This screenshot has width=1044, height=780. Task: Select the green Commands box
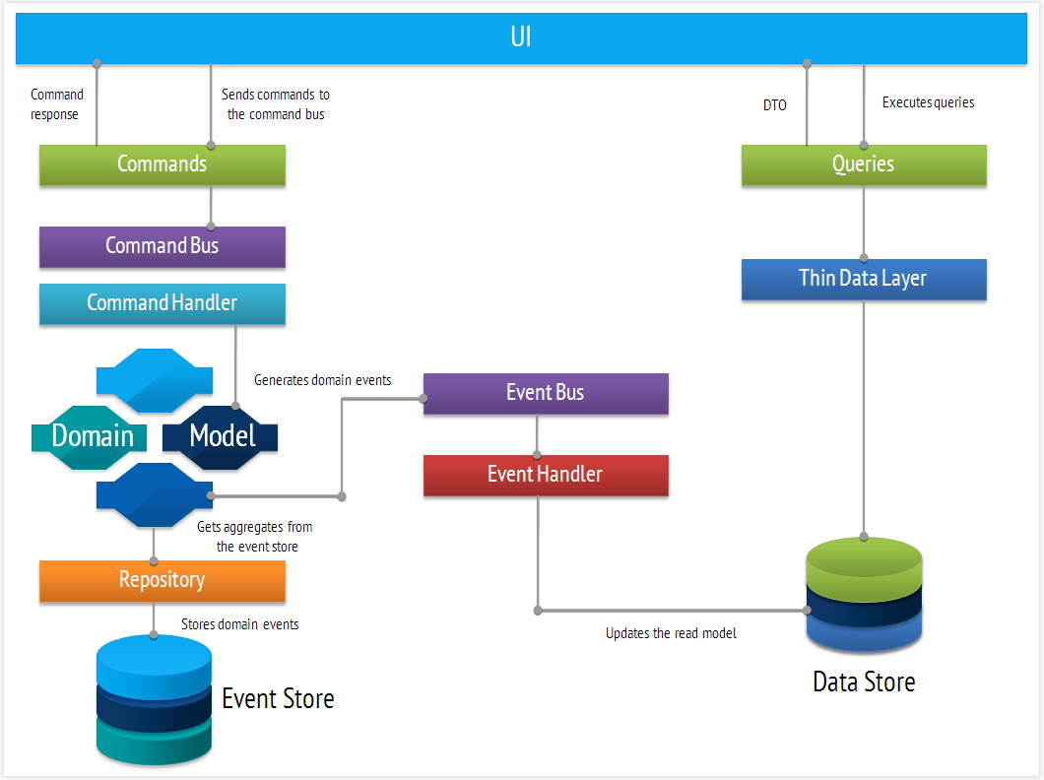(163, 164)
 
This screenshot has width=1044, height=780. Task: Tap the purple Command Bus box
(163, 246)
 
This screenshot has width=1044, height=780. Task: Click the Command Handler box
(163, 303)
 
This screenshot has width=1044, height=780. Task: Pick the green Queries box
(864, 164)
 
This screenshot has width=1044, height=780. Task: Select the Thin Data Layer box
(864, 279)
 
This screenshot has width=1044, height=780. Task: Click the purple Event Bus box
(546, 393)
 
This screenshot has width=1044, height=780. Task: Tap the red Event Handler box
(546, 475)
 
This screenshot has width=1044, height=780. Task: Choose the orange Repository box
(163, 581)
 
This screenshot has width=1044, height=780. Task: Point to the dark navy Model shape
(221, 436)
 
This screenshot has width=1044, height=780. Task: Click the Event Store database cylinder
(155, 700)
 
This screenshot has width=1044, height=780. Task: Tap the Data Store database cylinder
(864, 595)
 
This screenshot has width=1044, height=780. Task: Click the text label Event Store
(278, 699)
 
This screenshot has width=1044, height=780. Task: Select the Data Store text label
(864, 682)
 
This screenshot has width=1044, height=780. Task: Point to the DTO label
(775, 105)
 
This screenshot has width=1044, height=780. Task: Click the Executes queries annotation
(929, 102)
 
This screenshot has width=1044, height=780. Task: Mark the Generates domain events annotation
(323, 380)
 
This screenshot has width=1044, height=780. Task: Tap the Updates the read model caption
(671, 633)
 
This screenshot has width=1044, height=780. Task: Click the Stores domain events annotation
(240, 624)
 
